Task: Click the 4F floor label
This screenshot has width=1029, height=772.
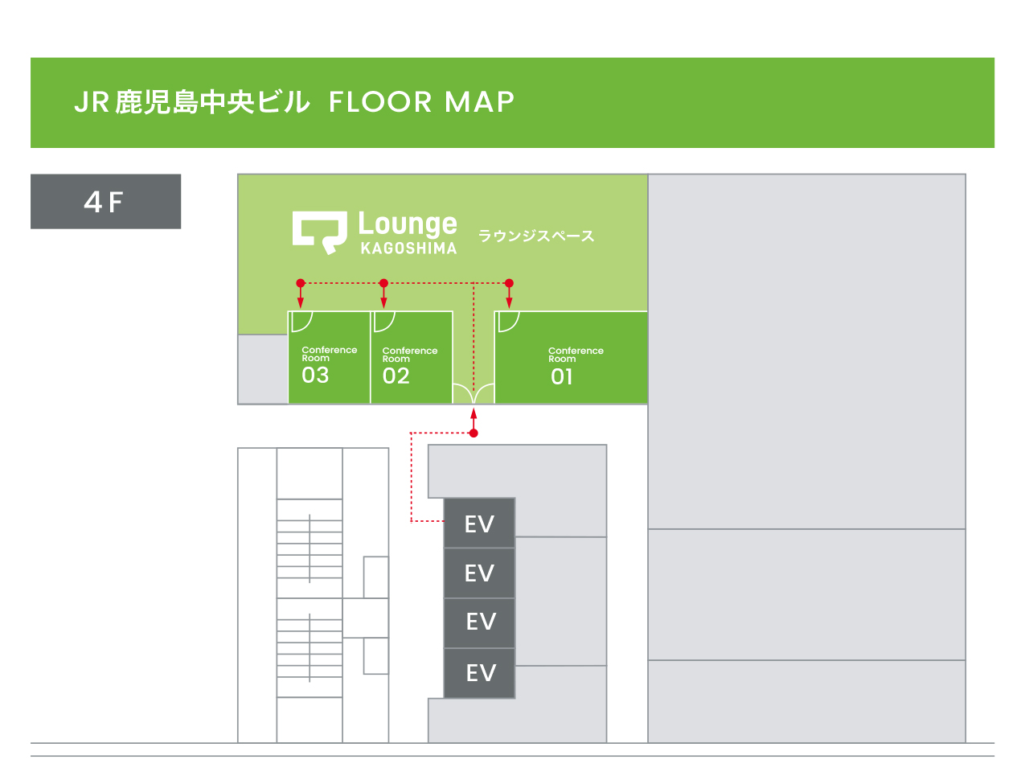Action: pos(105,202)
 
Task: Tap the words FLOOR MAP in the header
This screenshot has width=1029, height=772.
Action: pos(421,102)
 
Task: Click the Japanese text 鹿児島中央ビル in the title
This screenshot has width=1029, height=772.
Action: pos(212,102)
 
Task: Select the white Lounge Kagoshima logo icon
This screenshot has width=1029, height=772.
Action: pos(319,232)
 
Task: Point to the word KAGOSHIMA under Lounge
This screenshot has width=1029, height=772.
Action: pos(408,248)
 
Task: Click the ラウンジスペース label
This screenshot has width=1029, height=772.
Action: pos(536,236)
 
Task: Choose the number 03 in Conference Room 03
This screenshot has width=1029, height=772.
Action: pos(315,375)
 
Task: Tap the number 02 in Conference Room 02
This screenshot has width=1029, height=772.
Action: pos(396,376)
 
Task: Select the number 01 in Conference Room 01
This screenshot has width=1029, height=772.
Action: pos(562,376)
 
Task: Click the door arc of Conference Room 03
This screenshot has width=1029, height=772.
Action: pos(301,322)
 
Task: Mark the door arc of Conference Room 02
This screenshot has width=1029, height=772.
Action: pos(384,322)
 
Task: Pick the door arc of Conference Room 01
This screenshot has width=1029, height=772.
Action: pos(509,322)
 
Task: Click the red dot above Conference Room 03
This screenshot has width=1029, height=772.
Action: pos(301,283)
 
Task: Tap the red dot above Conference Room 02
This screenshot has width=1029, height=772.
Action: pos(384,283)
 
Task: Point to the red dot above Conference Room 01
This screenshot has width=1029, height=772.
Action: pos(509,283)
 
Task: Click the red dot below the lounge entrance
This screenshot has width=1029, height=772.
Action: pos(474,433)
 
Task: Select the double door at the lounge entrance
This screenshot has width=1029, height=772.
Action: pos(474,394)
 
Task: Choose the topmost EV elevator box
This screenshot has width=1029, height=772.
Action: pos(480,524)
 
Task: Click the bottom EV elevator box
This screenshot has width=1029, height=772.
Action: pos(480,673)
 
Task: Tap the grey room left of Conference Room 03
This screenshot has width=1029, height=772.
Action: pos(263,368)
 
